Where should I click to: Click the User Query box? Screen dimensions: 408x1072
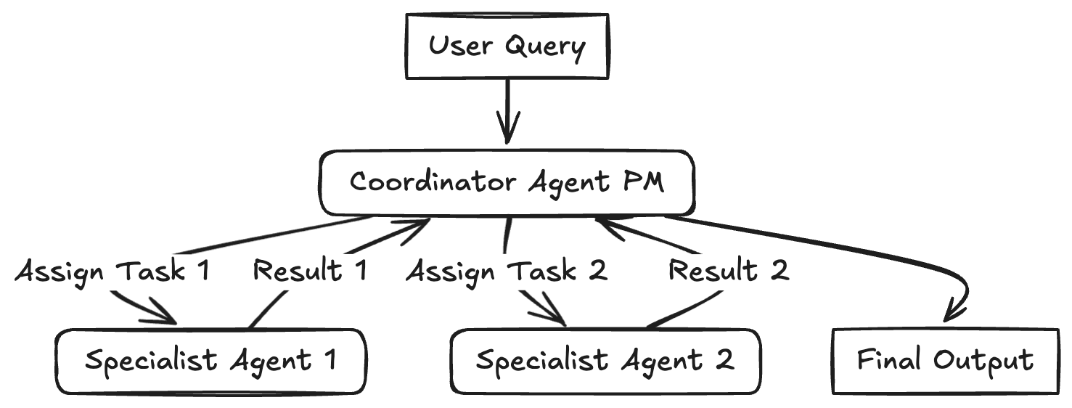(x=506, y=46)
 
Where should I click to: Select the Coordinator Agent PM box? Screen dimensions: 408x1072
(x=507, y=182)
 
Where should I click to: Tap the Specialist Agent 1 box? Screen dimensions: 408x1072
(x=210, y=361)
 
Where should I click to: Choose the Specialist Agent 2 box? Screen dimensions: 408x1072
(x=605, y=361)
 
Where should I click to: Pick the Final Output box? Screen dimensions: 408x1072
(x=944, y=361)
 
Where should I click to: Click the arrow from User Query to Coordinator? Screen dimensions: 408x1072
(x=507, y=109)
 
